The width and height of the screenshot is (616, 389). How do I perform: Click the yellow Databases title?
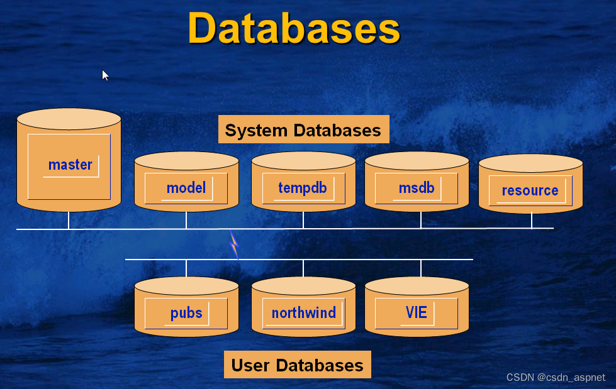294,28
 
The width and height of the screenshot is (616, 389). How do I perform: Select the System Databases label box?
304,129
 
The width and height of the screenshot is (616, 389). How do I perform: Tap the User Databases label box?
298,364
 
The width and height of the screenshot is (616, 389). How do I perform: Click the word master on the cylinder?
70,165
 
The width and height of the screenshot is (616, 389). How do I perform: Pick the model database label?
186,188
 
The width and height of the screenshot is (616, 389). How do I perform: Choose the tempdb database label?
303,188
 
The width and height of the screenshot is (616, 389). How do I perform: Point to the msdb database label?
417,188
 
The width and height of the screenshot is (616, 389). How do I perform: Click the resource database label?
530,190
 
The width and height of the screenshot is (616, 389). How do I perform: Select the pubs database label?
186,313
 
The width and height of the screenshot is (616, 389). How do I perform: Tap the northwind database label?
304,313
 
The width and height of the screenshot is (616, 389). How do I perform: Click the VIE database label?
417,312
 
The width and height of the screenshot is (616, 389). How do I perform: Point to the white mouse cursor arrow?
105,75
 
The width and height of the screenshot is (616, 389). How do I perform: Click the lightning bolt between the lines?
234,245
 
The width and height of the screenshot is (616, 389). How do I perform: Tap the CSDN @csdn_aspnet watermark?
556,377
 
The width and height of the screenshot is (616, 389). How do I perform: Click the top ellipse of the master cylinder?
69,119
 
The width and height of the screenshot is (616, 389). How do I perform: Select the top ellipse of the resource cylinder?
530,163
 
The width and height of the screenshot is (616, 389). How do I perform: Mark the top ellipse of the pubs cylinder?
186,286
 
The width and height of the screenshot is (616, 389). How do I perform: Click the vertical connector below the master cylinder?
69,220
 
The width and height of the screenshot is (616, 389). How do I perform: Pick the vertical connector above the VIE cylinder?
421,268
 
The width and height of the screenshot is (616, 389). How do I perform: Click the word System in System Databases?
255,130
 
